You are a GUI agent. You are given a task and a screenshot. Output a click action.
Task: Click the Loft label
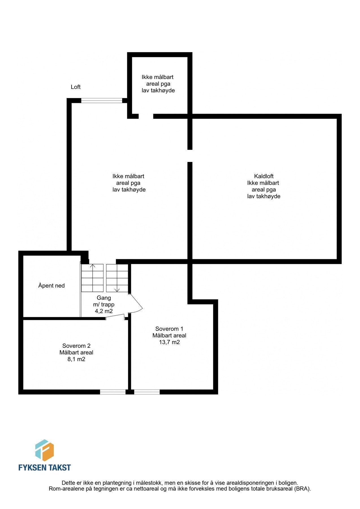click(76, 87)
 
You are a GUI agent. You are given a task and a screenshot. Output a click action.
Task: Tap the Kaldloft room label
click(264, 176)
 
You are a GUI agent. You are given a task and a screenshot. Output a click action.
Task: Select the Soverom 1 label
click(169, 329)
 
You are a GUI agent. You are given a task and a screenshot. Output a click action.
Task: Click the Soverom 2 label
click(76, 346)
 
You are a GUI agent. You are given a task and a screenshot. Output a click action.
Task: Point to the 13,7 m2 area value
click(169, 342)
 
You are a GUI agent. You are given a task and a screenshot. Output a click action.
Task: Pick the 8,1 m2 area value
click(76, 359)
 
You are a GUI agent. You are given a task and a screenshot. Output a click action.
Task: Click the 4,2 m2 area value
click(104, 311)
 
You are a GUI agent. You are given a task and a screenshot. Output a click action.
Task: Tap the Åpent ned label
click(51, 286)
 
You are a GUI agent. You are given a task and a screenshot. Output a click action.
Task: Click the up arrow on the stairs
click(92, 266)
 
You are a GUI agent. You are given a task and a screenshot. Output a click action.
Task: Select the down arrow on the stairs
click(117, 290)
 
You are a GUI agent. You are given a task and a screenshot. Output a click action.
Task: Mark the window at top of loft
click(102, 100)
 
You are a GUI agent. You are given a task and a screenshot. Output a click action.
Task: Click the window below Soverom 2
click(113, 392)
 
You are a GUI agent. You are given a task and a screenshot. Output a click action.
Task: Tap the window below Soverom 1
click(147, 392)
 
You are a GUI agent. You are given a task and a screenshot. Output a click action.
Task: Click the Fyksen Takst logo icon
click(44, 450)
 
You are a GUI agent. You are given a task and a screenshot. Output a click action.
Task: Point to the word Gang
click(104, 298)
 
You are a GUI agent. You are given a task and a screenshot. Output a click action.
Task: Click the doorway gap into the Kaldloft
click(190, 156)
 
